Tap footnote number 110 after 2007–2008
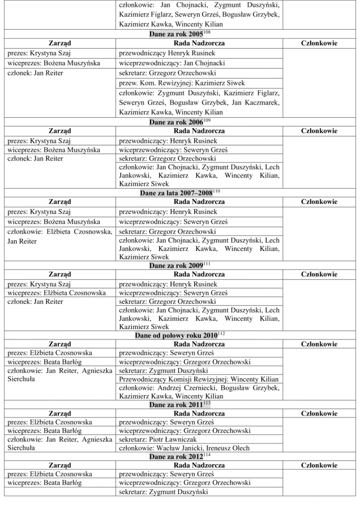(216, 191)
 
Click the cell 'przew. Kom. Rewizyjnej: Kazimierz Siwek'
(182, 83)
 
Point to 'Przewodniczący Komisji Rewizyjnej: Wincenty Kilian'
(199, 379)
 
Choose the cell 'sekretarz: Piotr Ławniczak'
(158, 439)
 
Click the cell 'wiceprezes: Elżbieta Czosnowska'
(56, 293)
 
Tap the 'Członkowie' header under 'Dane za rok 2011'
(319, 414)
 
